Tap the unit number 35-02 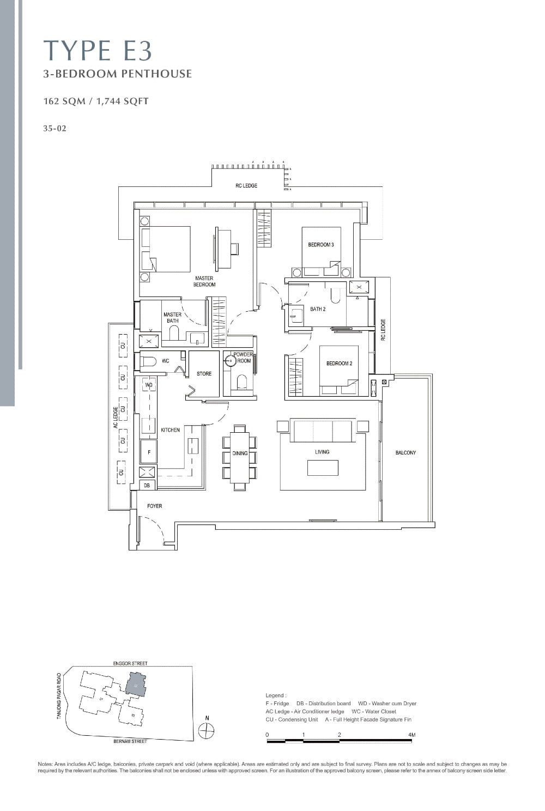(55, 129)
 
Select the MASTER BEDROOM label (204, 281)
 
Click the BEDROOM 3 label (321, 245)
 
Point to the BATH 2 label (318, 309)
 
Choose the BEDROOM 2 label (339, 364)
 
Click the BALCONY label (405, 453)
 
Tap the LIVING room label (322, 452)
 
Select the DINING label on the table (240, 453)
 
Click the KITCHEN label (170, 430)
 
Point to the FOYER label (155, 506)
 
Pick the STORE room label (204, 374)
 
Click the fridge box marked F (149, 452)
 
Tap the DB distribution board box (147, 485)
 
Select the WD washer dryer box (149, 385)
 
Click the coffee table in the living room (323, 468)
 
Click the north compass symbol (207, 731)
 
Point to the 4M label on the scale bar (411, 735)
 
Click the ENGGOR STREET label (130, 663)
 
